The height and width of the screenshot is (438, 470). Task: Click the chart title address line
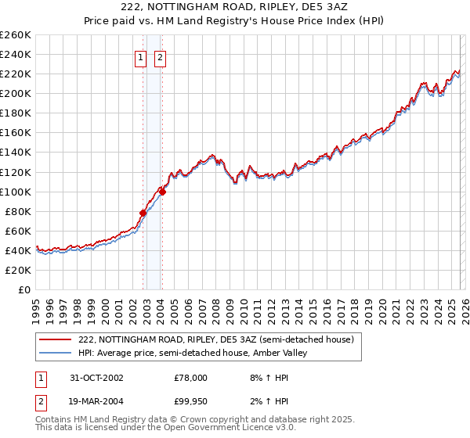tap(235, 6)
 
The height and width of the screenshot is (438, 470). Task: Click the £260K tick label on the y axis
tap(16, 35)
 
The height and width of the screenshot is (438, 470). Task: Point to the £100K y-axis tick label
tap(16, 192)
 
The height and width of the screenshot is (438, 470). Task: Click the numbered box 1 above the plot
tap(140, 56)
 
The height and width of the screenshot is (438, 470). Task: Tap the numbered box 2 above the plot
tap(159, 56)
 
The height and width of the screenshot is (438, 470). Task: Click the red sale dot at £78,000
tap(143, 213)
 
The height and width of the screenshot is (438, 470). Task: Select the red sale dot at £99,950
tap(162, 191)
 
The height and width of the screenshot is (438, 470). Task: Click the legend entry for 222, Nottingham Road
tap(216, 339)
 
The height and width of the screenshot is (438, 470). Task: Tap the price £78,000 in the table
tap(190, 377)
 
